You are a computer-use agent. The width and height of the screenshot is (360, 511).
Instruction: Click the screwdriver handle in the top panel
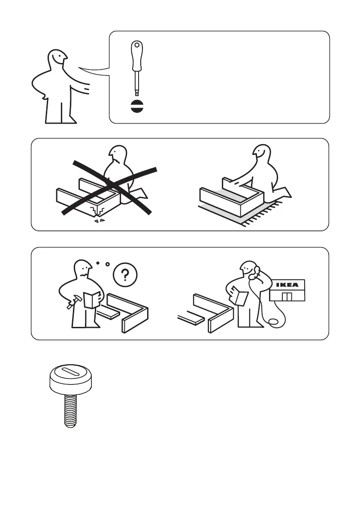tap(137, 55)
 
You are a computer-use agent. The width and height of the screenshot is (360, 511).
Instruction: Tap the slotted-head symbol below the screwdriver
tap(137, 106)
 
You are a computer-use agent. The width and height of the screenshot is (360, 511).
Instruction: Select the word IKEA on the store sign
tap(287, 285)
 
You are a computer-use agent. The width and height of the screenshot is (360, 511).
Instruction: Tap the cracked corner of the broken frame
tap(97, 211)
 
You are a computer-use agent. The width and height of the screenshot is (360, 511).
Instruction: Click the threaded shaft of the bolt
tap(70, 410)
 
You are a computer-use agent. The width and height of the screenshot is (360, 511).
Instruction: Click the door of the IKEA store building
tap(287, 296)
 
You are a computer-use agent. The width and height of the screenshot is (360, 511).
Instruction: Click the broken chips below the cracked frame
tap(100, 221)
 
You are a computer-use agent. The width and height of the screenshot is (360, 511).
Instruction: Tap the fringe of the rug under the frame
tap(264, 214)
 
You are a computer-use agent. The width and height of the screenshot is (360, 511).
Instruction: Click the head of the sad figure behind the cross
tap(118, 155)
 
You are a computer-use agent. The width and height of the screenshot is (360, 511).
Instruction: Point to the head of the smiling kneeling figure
tap(262, 152)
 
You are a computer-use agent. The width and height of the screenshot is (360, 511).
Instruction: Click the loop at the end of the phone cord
tap(274, 322)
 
